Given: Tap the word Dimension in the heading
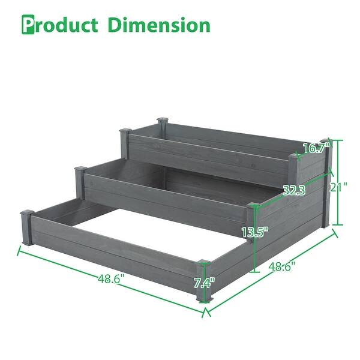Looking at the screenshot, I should [159, 25].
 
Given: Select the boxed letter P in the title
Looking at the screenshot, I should [29, 25].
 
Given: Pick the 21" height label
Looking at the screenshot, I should [340, 187].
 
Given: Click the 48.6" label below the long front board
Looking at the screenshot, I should [111, 278].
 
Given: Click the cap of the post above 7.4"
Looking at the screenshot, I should [204, 262].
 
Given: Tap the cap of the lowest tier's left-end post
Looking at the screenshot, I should [26, 212].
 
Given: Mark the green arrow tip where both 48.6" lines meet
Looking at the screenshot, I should [206, 311].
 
